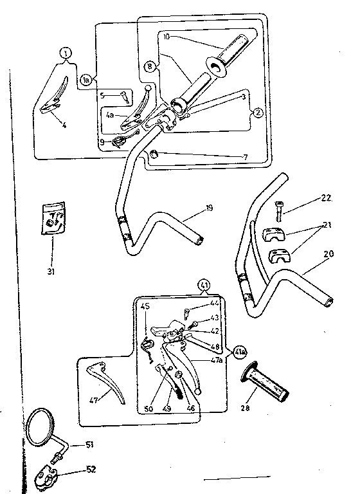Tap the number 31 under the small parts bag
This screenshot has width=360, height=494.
[51, 271]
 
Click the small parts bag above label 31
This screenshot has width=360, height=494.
[51, 218]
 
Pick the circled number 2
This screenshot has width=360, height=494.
[257, 111]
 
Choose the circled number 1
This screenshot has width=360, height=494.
[66, 54]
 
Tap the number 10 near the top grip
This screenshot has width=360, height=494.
[166, 37]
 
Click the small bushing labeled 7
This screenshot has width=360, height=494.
[154, 154]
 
